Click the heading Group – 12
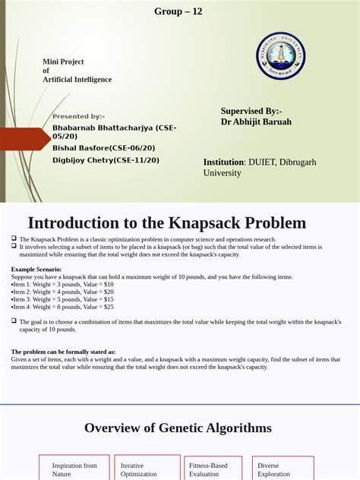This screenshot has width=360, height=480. [x=178, y=11]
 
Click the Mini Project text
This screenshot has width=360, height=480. [x=63, y=62]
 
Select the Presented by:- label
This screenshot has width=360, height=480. [x=79, y=116]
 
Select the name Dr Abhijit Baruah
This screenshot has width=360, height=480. [x=256, y=122]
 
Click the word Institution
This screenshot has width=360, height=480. [x=223, y=162]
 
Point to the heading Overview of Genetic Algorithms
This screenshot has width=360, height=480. [x=178, y=428]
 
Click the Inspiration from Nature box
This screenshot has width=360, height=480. [x=74, y=469]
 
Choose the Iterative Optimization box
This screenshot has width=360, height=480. [x=143, y=469]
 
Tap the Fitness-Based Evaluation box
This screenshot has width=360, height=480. [x=213, y=469]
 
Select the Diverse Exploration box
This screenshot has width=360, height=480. [x=283, y=469]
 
